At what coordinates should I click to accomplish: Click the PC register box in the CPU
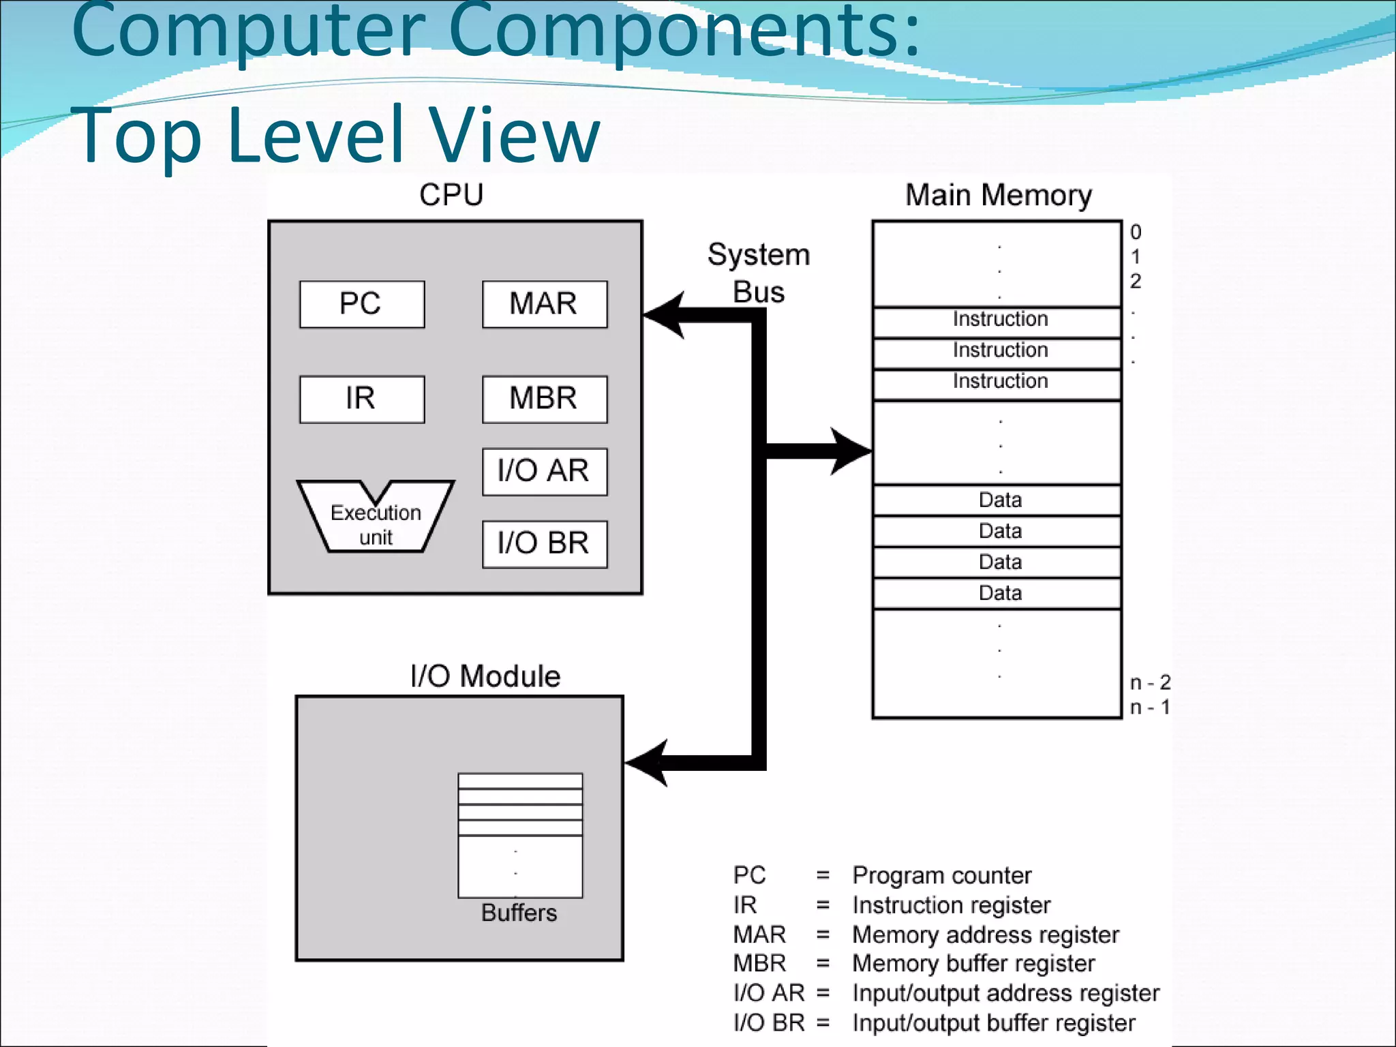pos(362,304)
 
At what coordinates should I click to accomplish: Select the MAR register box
pos(544,304)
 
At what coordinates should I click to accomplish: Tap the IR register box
pos(362,399)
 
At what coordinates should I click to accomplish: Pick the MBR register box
pos(544,399)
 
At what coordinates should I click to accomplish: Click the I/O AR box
pos(544,471)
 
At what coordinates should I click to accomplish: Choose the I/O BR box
pos(544,544)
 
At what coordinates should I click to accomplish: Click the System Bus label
pos(759,273)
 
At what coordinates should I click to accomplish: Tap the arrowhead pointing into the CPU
pos(665,315)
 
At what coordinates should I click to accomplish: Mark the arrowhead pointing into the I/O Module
pos(648,763)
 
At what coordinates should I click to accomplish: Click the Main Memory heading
pos(998,195)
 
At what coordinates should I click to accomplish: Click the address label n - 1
pos(1150,708)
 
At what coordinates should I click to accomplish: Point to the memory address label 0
pos(1136,232)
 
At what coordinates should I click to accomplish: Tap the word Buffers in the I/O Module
pos(519,913)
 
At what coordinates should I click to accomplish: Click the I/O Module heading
pos(485,676)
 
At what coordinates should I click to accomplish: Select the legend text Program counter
pos(941,875)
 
